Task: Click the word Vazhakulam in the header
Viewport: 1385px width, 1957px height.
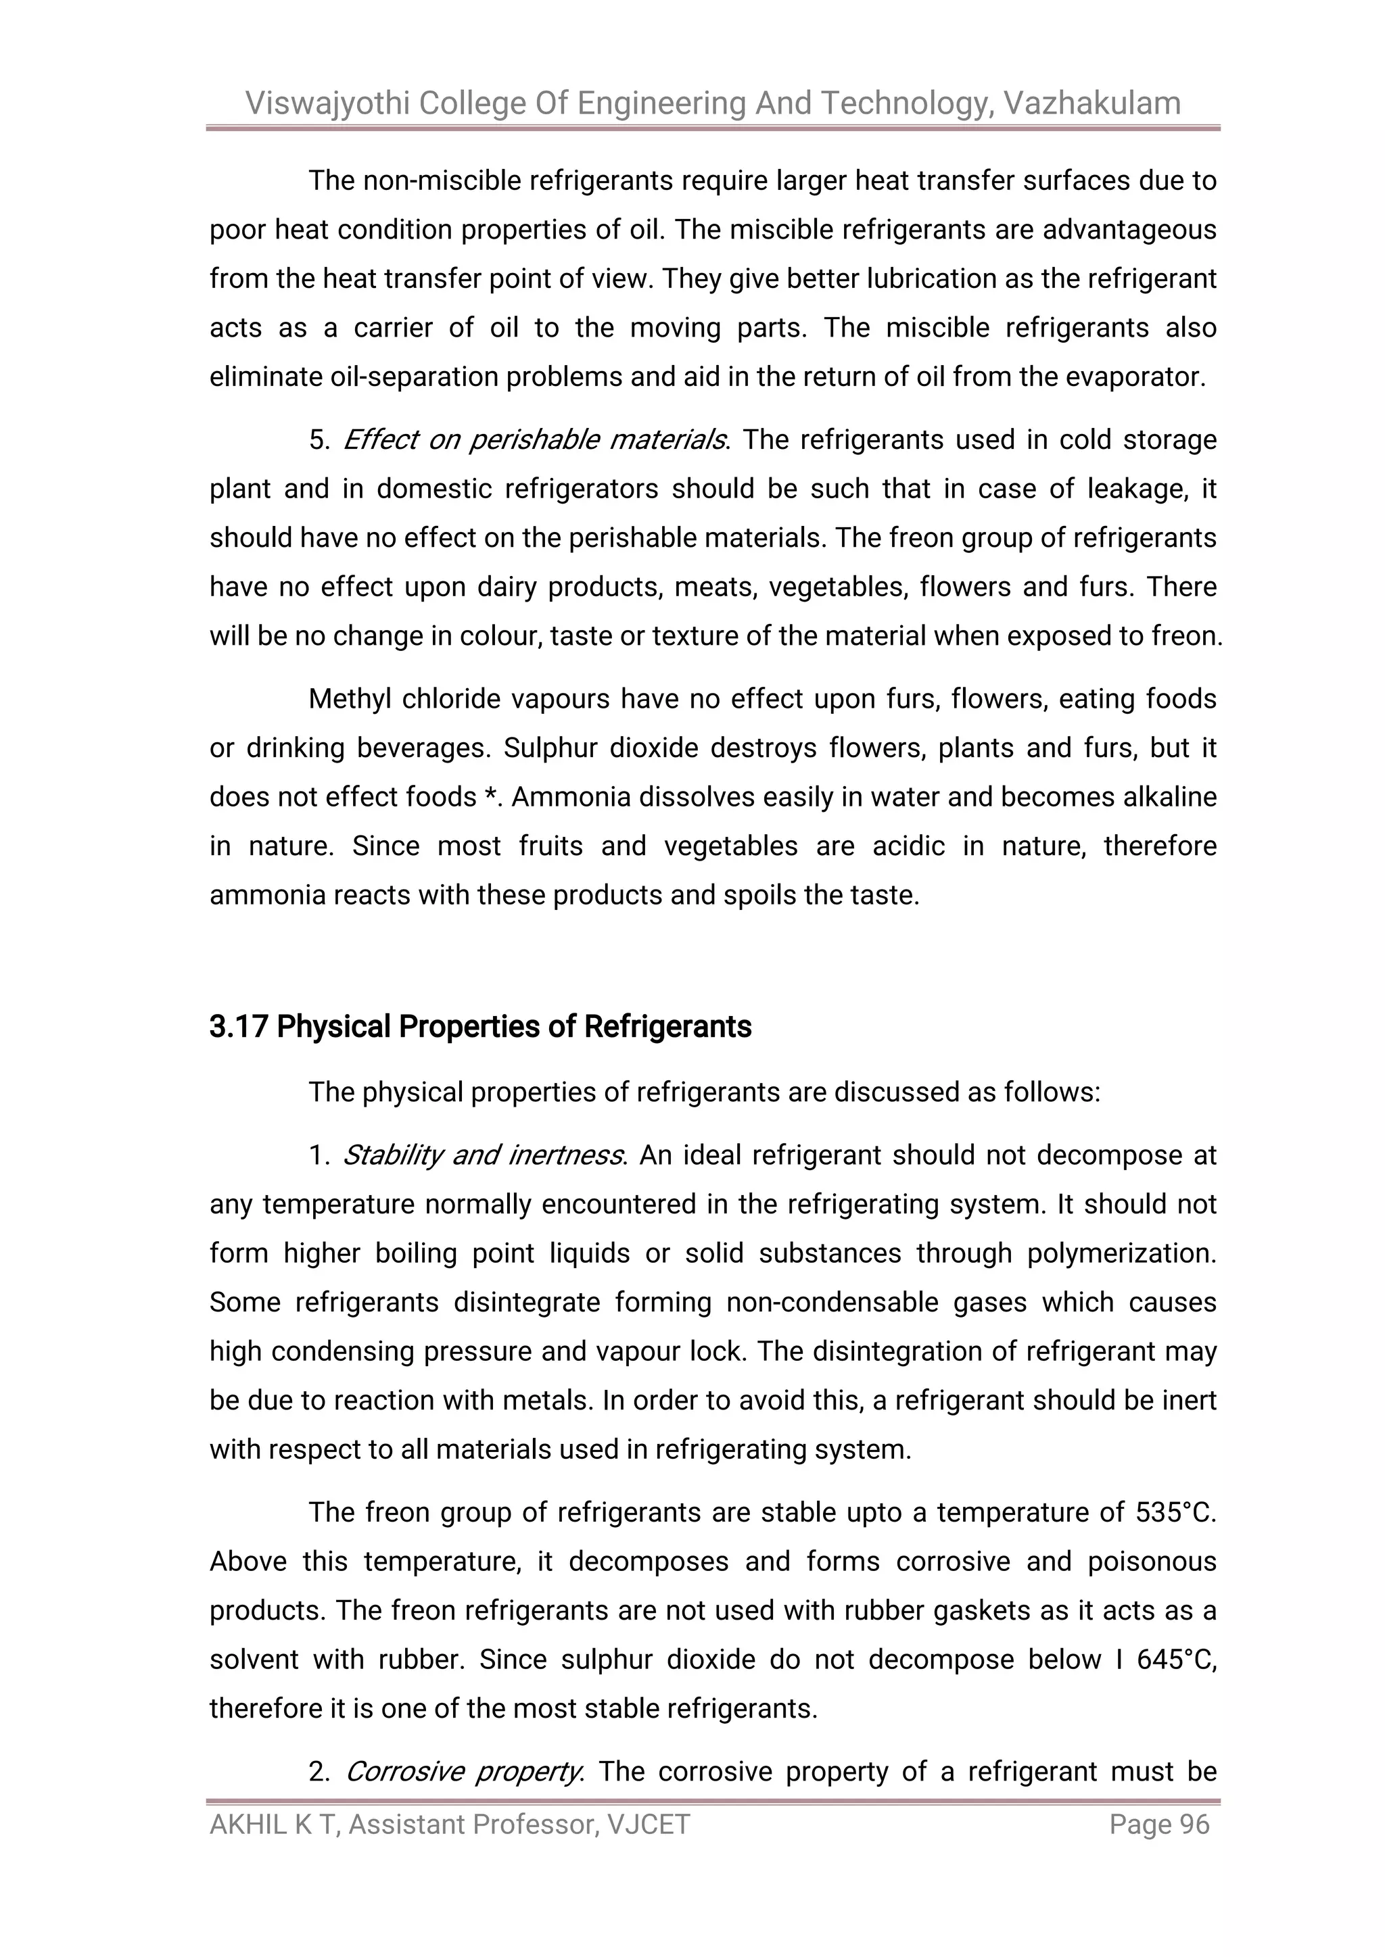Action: [1091, 103]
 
